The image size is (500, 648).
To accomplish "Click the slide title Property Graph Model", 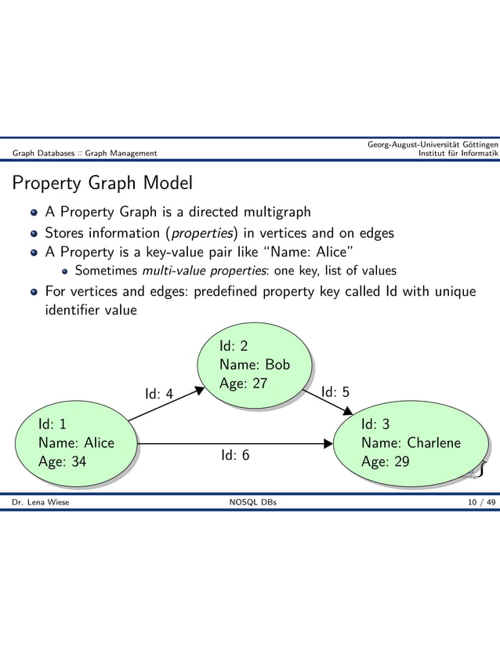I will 101,184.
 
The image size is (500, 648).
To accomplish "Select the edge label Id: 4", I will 159,393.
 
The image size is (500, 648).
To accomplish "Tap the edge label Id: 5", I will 335,391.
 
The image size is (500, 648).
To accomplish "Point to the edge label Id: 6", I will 235,455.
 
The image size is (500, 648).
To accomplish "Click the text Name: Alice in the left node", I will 76,442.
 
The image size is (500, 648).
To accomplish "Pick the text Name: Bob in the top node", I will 255,365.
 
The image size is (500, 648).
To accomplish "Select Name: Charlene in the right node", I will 411,442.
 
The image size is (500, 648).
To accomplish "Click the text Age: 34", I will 63,461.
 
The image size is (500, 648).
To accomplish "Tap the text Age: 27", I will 244,384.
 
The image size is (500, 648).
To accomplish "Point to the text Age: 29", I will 385,461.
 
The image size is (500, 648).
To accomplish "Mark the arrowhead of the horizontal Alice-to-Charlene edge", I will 328,443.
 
